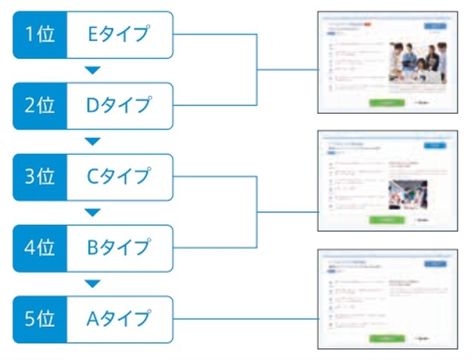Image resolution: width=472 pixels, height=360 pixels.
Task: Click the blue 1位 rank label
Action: (40, 34)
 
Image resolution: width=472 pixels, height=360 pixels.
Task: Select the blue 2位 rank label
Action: (40, 105)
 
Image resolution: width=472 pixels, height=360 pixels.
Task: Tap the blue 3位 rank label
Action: (40, 177)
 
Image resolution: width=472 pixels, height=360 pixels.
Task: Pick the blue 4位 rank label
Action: (40, 248)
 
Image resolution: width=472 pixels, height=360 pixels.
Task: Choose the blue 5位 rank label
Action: (40, 318)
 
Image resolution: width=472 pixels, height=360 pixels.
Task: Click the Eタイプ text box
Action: (119, 34)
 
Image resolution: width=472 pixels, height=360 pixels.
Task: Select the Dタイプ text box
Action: (119, 105)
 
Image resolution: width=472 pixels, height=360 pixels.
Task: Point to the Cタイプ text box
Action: (119, 177)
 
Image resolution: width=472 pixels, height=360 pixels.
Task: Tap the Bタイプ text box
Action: (119, 248)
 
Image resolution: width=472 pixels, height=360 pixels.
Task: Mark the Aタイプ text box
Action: (119, 318)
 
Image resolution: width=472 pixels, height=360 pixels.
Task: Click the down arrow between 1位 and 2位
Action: (92, 70)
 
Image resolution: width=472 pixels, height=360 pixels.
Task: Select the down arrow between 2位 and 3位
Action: (92, 141)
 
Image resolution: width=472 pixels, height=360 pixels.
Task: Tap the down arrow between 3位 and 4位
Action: (92, 212)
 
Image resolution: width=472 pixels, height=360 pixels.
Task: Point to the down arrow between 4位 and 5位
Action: (92, 284)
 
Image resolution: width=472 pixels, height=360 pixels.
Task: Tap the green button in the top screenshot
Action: (387, 103)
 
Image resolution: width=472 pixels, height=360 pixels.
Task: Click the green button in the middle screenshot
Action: (387, 220)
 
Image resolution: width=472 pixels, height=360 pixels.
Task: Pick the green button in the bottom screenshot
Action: (387, 338)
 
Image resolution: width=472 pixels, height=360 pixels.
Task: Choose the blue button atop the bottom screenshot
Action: (435, 263)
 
